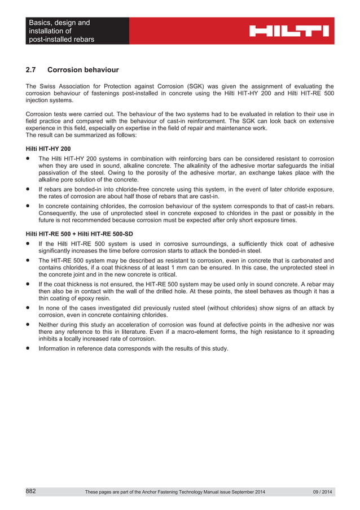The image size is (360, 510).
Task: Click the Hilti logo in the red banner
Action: [x=289, y=30]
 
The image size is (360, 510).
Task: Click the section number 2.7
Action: [x=32, y=70]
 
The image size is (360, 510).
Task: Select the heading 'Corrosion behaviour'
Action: [x=83, y=70]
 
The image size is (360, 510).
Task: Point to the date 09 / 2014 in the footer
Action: [x=323, y=492]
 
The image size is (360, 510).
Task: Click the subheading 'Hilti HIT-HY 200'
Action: [x=49, y=148]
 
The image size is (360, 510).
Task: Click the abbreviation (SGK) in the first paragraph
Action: [x=197, y=86]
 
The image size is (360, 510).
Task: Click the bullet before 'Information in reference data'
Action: [x=28, y=348]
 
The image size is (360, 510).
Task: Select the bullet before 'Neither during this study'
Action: [x=28, y=325]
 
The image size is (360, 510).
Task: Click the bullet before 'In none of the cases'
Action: [x=28, y=308]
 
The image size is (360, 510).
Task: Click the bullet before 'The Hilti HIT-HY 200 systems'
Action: [x=28, y=159]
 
